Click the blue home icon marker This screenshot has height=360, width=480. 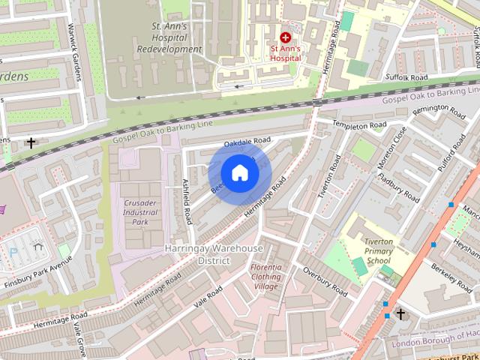coord(239,173)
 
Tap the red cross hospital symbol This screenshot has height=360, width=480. coord(285,37)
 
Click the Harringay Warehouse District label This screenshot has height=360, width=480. coord(214,253)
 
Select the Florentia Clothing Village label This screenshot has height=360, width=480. coord(265,277)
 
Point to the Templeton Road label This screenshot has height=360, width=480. coord(360,124)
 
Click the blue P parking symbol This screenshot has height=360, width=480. coord(13,253)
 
